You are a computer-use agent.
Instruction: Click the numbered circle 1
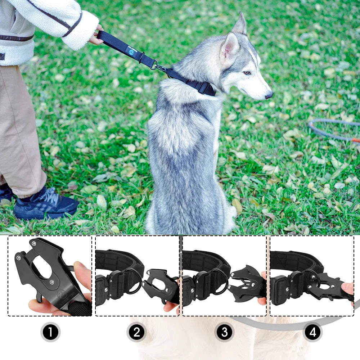[50, 332]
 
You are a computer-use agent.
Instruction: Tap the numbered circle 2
[136, 332]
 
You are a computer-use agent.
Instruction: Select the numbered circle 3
[224, 332]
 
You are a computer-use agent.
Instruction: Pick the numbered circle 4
[312, 332]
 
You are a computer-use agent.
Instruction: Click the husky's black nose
[269, 95]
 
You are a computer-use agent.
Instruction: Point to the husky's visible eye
[247, 73]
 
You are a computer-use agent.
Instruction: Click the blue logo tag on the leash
[132, 50]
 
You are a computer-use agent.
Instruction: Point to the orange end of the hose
[355, 140]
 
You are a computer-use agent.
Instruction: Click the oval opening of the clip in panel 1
[42, 266]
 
